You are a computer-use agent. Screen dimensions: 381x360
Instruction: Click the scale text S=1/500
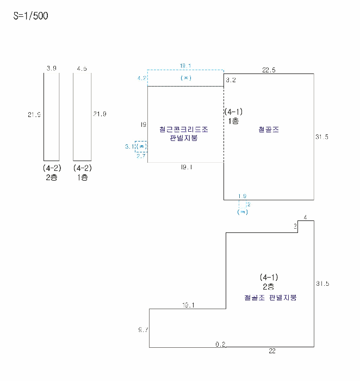pyautogui.click(x=31, y=16)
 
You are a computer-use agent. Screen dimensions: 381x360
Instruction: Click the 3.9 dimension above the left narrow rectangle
pyautogui.click(x=52, y=69)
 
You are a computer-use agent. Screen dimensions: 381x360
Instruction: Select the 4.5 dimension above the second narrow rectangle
pyautogui.click(x=82, y=69)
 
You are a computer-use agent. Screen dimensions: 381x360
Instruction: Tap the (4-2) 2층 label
pyautogui.click(x=52, y=173)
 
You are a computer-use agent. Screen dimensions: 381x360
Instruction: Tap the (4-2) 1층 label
pyautogui.click(x=83, y=173)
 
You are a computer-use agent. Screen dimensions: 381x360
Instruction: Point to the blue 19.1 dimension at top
pyautogui.click(x=185, y=66)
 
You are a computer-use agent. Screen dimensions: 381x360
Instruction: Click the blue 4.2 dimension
pyautogui.click(x=141, y=78)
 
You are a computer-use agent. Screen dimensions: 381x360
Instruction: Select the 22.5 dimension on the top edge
pyautogui.click(x=269, y=69)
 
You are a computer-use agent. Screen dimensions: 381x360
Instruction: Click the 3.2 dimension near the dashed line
pyautogui.click(x=231, y=80)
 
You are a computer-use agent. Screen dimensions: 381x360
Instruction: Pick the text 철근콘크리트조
pyautogui.click(x=184, y=130)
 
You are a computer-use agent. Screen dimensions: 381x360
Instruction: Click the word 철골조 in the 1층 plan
pyautogui.click(x=268, y=130)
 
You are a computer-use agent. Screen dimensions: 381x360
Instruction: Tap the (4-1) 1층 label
pyautogui.click(x=233, y=116)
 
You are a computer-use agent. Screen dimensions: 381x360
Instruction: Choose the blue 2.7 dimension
pyautogui.click(x=141, y=156)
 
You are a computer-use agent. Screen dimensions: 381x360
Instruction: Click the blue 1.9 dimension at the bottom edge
pyautogui.click(x=242, y=196)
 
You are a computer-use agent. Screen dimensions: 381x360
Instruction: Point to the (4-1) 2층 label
pyautogui.click(x=269, y=281)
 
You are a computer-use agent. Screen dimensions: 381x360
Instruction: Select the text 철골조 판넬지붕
pyautogui.click(x=271, y=298)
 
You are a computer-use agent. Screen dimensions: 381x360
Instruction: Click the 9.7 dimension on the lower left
pyautogui.click(x=143, y=329)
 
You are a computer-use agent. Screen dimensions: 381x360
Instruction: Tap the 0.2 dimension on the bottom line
pyautogui.click(x=220, y=344)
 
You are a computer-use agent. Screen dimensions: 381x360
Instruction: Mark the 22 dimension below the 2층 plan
pyautogui.click(x=272, y=351)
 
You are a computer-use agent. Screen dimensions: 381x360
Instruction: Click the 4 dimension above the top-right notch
pyautogui.click(x=306, y=217)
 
